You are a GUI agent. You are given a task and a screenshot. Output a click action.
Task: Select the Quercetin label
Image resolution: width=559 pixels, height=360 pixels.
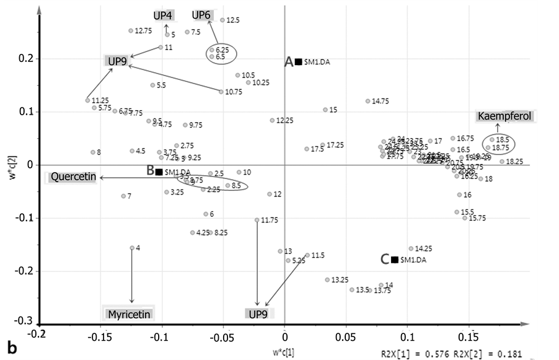(73, 178)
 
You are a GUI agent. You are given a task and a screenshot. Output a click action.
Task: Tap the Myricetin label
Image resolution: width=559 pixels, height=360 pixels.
(129, 314)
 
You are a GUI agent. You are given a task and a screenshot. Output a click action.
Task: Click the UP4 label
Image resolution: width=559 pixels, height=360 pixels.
(164, 15)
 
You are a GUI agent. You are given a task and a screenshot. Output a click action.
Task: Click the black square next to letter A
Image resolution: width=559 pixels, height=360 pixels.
(298, 61)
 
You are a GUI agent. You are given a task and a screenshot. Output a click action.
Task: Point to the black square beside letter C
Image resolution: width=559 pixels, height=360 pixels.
(394, 260)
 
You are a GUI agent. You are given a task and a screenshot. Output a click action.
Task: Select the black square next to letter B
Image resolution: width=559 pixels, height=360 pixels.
(159, 172)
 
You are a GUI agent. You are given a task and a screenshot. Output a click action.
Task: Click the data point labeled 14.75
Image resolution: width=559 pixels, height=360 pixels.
(368, 101)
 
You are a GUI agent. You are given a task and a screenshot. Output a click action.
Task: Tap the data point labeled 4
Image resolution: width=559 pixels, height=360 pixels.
(132, 248)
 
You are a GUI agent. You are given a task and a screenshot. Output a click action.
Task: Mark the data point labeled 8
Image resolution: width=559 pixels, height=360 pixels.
(93, 152)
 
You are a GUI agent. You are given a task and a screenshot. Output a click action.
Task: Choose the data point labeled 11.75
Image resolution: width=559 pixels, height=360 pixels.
(257, 220)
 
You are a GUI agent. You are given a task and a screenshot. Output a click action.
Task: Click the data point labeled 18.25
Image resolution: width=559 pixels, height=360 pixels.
(502, 161)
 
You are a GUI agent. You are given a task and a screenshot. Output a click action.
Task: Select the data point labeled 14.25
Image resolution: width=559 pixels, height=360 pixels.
(411, 248)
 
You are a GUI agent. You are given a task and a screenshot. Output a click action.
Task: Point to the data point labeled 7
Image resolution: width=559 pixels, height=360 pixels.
(123, 196)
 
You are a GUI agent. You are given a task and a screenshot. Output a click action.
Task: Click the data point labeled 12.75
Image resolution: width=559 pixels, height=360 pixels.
(131, 31)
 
